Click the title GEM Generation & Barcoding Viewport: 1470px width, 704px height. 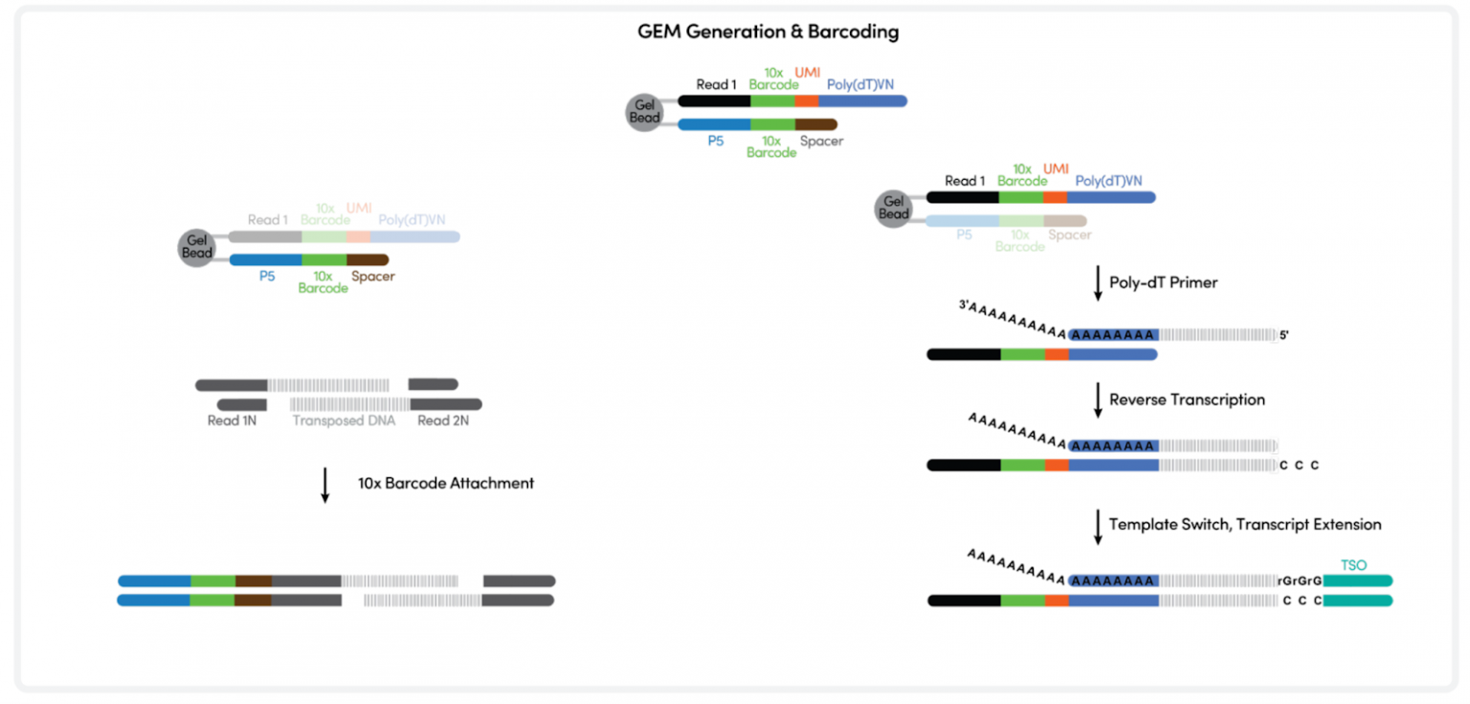tap(768, 32)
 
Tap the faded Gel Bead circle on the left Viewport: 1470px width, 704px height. tap(197, 247)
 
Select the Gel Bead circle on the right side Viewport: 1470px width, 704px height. tap(894, 208)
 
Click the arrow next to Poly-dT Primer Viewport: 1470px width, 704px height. tap(1098, 284)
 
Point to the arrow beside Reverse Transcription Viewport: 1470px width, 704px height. tap(1098, 400)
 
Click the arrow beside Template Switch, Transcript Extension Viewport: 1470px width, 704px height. tap(1098, 525)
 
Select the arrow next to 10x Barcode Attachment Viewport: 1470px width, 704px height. tap(324, 484)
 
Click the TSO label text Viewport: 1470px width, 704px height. tap(1353, 565)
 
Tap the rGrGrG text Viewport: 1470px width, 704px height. tap(1299, 581)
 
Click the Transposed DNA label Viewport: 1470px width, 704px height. tap(344, 421)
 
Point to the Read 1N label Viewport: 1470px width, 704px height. tap(233, 421)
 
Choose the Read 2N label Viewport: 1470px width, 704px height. tap(443, 421)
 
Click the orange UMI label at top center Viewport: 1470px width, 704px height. tap(807, 73)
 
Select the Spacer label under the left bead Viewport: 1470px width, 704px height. tap(372, 276)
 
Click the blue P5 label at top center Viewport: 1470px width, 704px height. tap(716, 141)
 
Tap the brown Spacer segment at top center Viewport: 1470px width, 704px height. tap(815, 124)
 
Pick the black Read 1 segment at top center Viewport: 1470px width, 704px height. tap(714, 100)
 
